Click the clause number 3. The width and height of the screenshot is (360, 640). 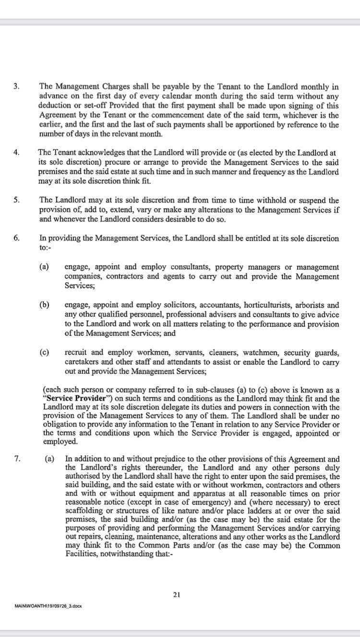(16, 87)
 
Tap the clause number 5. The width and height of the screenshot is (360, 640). (16, 201)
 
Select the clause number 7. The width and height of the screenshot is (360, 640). (16, 459)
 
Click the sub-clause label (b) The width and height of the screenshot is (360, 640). (44, 305)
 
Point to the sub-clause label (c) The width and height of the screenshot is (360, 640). (44, 353)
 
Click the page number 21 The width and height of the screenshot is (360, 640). (176, 595)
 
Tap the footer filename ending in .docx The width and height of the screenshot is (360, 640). (48, 606)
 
